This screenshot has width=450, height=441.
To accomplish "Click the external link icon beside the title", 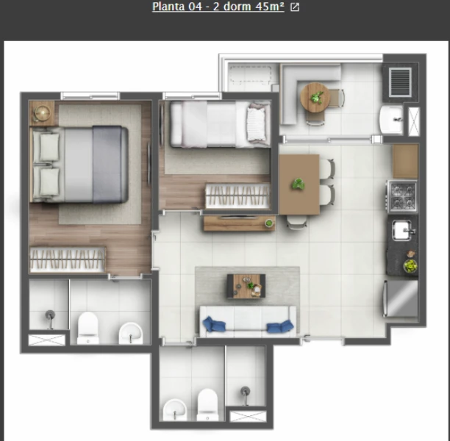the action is [x=295, y=7].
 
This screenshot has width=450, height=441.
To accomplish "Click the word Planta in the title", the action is [x=168, y=7].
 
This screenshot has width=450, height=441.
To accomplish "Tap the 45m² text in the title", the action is [x=270, y=7].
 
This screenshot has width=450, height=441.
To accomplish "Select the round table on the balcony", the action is [x=315, y=98].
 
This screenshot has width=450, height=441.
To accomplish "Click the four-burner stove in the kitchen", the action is [x=402, y=196].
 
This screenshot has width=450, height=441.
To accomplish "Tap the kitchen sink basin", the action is [x=402, y=230].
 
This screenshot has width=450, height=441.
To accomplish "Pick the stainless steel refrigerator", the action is [x=401, y=298].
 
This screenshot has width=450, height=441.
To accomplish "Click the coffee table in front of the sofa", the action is [x=246, y=286].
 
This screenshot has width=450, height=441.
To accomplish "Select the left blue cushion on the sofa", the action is [x=213, y=324].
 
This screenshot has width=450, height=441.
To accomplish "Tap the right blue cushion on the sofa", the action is [x=280, y=326].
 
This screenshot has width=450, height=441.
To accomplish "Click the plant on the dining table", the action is [x=299, y=184].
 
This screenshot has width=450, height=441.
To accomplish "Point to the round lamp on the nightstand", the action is [x=42, y=113].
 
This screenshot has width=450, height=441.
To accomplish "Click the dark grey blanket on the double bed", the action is [x=110, y=165].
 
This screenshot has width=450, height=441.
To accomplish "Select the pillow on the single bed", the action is [x=257, y=124].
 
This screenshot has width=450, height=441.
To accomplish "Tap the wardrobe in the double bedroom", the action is [x=68, y=259].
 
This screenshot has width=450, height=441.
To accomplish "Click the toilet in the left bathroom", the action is [x=88, y=328].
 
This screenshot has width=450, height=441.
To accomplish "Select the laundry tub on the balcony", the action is [x=391, y=120].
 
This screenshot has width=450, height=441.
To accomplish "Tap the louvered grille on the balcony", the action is [x=400, y=82].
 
